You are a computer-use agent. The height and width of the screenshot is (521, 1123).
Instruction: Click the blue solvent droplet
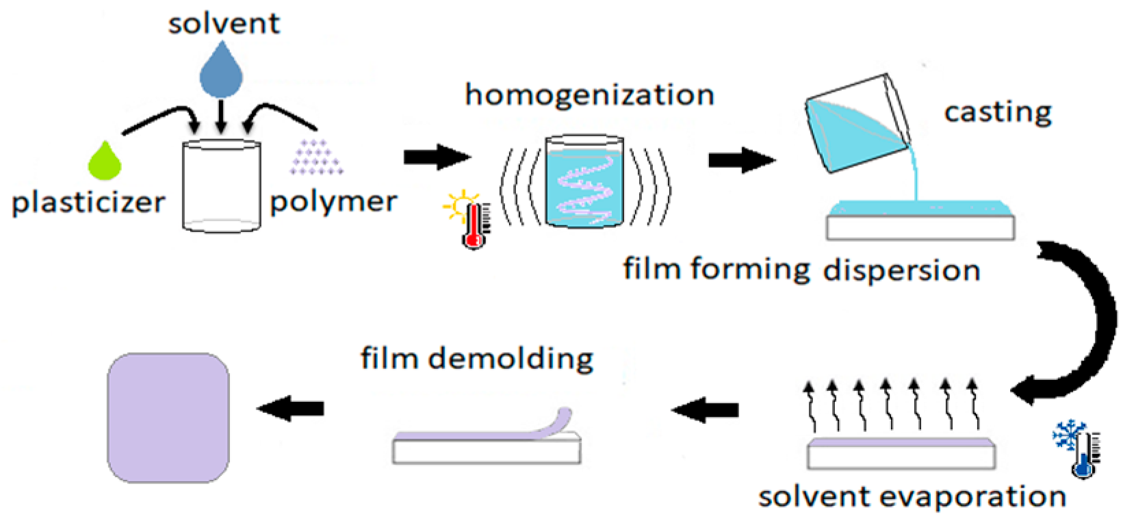pyautogui.click(x=221, y=71)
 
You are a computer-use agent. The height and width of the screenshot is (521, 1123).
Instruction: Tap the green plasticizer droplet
pyautogui.click(x=105, y=162)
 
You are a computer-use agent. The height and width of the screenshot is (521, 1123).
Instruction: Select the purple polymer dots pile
pyautogui.click(x=316, y=158)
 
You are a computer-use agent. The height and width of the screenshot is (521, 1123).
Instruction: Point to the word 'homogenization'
pyautogui.click(x=589, y=94)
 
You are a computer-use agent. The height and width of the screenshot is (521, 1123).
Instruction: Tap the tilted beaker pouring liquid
pyautogui.click(x=855, y=123)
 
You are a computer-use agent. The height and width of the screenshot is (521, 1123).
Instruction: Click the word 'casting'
pyautogui.click(x=997, y=112)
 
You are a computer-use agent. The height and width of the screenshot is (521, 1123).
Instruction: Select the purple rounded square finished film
pyautogui.click(x=168, y=418)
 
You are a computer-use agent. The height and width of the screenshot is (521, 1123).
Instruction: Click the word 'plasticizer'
pyautogui.click(x=88, y=203)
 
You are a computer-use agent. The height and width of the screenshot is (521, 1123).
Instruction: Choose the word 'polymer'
pyautogui.click(x=333, y=202)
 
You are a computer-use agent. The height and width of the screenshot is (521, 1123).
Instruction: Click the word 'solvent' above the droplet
pyautogui.click(x=224, y=24)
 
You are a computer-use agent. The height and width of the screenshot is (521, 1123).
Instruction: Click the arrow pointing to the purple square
pyautogui.click(x=290, y=409)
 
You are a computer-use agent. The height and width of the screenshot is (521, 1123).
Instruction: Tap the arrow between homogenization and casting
pyautogui.click(x=742, y=160)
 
